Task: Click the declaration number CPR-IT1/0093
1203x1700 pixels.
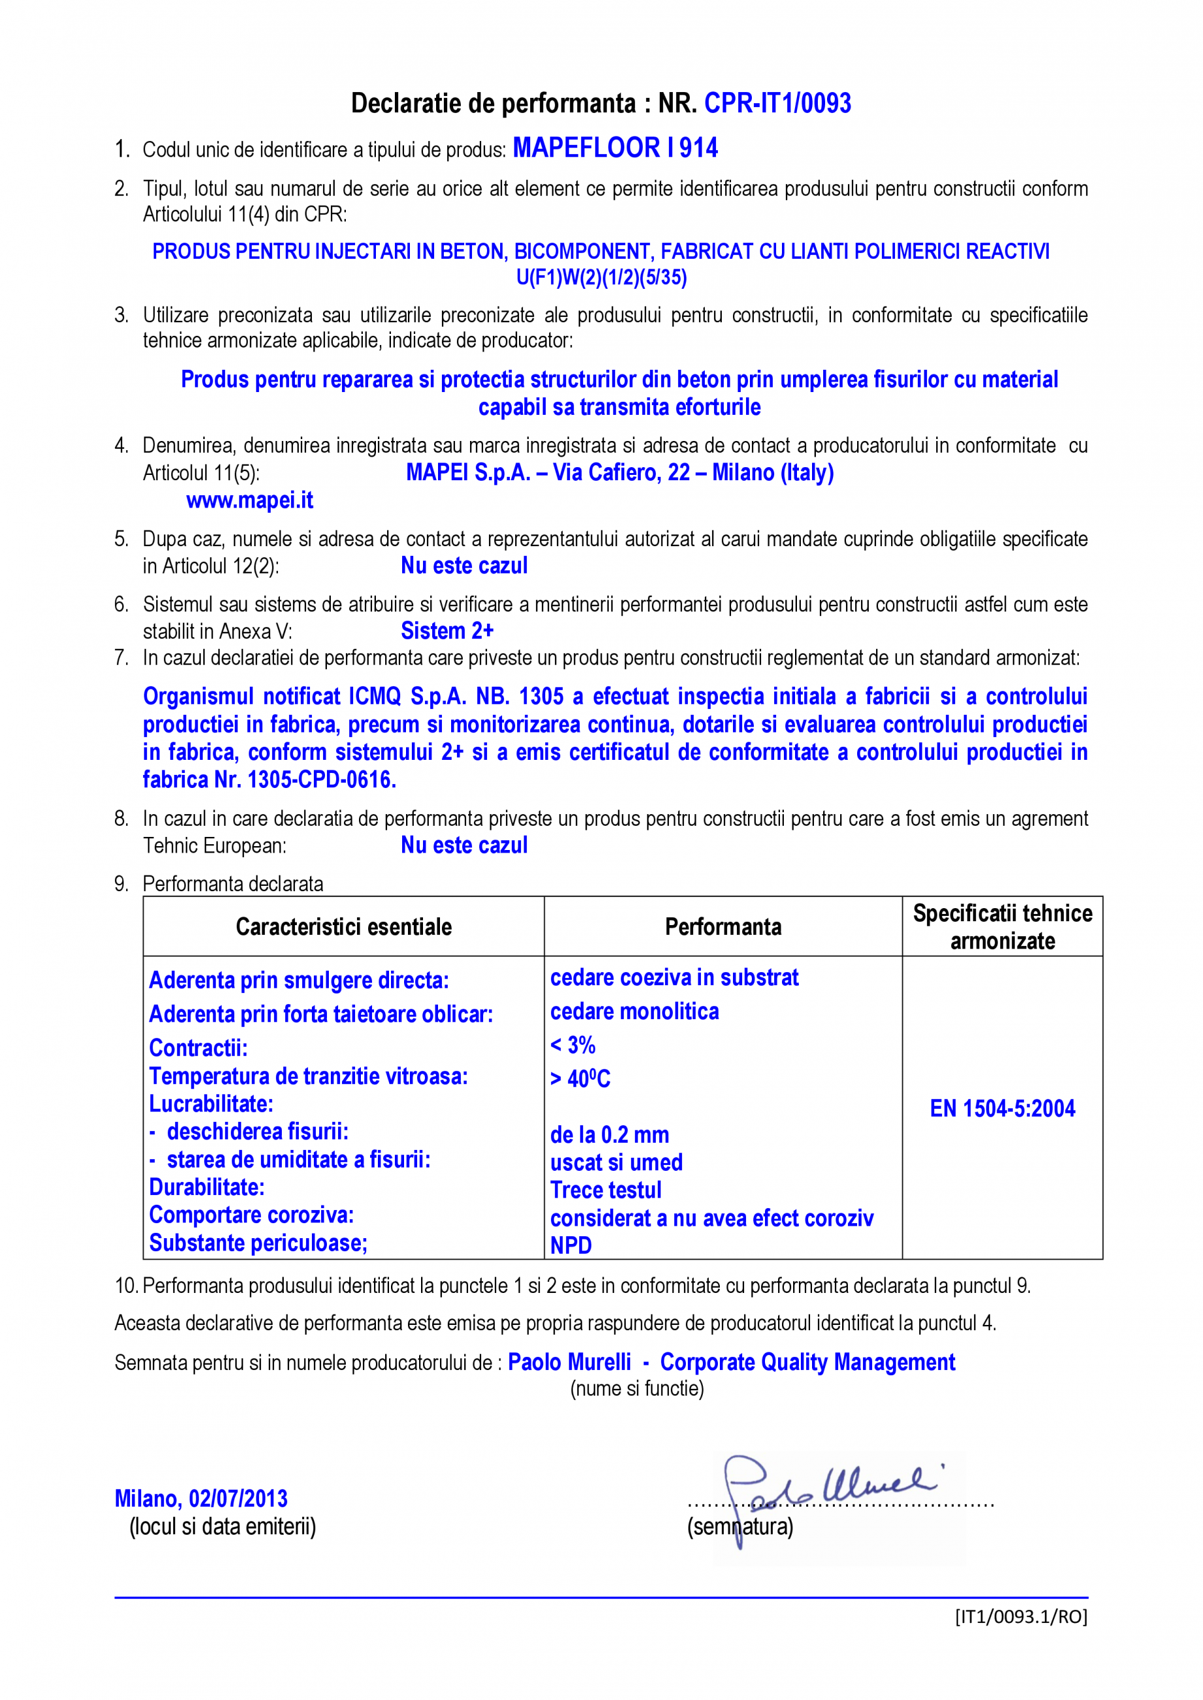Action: pyautogui.click(x=777, y=104)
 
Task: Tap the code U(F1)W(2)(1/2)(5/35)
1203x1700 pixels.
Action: pyautogui.click(x=601, y=278)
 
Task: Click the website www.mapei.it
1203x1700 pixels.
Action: pyautogui.click(x=250, y=500)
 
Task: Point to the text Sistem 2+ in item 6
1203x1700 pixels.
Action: pyautogui.click(x=447, y=631)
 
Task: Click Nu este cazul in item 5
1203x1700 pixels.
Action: pyautogui.click(x=464, y=566)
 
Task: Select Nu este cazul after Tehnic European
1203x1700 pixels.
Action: pyautogui.click(x=464, y=845)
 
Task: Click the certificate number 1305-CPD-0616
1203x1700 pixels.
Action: pyautogui.click(x=321, y=779)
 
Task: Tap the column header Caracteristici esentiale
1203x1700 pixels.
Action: pyautogui.click(x=344, y=927)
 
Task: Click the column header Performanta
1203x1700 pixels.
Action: pyautogui.click(x=723, y=927)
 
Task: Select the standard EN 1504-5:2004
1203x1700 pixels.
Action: pyautogui.click(x=1002, y=1109)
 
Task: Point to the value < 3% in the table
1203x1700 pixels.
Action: pyautogui.click(x=573, y=1045)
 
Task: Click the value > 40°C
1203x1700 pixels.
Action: pyautogui.click(x=580, y=1079)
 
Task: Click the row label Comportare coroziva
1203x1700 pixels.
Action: pyautogui.click(x=251, y=1215)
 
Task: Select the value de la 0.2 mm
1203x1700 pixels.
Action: pyautogui.click(x=609, y=1134)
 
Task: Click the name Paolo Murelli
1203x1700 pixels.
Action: pyautogui.click(x=569, y=1362)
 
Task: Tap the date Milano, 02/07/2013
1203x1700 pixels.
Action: pyautogui.click(x=201, y=1499)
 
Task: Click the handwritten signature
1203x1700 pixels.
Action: pyautogui.click(x=830, y=1484)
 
